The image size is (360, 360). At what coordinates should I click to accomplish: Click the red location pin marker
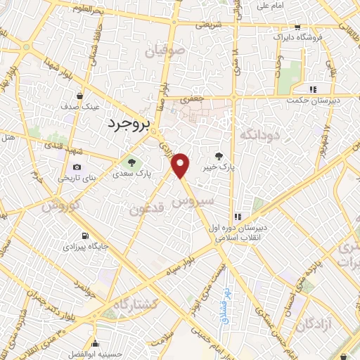(181, 165)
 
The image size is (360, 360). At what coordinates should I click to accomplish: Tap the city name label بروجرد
(131, 124)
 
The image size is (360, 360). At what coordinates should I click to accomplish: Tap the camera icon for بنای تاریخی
(77, 167)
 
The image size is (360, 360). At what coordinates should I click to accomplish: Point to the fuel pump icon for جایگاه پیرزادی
(85, 236)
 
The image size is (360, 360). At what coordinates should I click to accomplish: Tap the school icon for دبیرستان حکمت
(313, 89)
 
